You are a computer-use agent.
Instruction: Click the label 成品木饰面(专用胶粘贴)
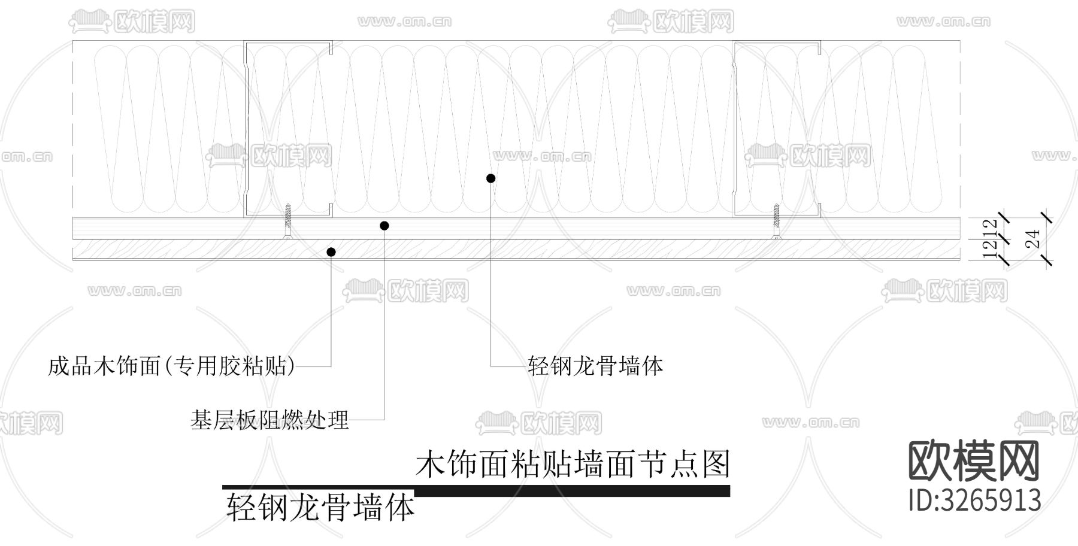[171, 366]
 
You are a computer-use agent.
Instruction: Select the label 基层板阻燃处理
[269, 420]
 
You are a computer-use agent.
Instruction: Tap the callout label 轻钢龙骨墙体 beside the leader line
[595, 366]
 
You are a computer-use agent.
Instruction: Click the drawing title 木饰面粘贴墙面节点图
[573, 464]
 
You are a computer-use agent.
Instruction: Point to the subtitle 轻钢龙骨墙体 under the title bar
[320, 508]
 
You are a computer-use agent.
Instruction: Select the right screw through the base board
[777, 222]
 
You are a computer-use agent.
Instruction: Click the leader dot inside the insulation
[490, 178]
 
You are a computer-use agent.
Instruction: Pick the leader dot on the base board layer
[384, 226]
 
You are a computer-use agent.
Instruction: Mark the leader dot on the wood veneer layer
[331, 252]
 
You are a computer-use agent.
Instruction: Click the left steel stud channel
[288, 129]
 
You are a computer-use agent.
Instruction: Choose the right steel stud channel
[777, 129]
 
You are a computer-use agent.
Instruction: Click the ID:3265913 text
[974, 500]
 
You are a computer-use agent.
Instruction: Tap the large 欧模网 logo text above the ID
[974, 461]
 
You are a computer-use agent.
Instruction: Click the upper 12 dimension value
[992, 227]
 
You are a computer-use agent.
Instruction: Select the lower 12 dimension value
[992, 249]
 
